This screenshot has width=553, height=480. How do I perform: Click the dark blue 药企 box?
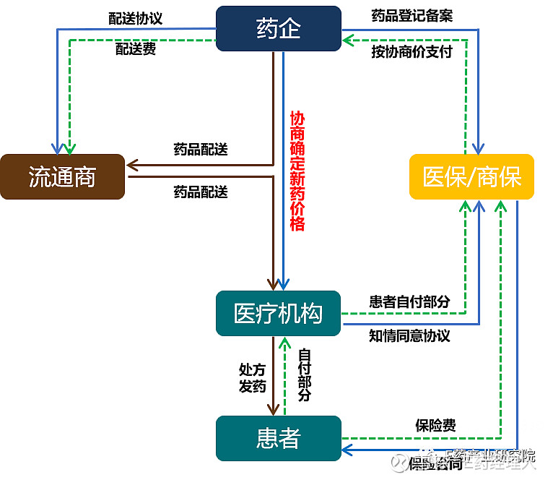(x=279, y=29)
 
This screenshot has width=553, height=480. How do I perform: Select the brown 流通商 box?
(x=62, y=176)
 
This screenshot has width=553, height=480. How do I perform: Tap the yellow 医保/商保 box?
(x=471, y=176)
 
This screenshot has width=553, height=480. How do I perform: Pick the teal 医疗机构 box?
(x=278, y=313)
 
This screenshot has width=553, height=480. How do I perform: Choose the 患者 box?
(x=278, y=438)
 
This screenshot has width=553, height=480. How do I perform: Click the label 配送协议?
(x=136, y=18)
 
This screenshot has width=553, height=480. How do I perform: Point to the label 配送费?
(x=136, y=50)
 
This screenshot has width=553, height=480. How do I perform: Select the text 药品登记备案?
(x=412, y=16)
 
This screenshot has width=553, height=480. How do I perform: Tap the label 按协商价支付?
(x=412, y=51)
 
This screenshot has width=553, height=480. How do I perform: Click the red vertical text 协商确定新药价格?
(x=297, y=171)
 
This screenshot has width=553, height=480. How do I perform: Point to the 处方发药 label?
(x=253, y=377)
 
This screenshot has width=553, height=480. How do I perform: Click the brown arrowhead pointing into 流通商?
(x=132, y=165)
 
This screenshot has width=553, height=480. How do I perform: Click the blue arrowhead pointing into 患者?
(x=347, y=450)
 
